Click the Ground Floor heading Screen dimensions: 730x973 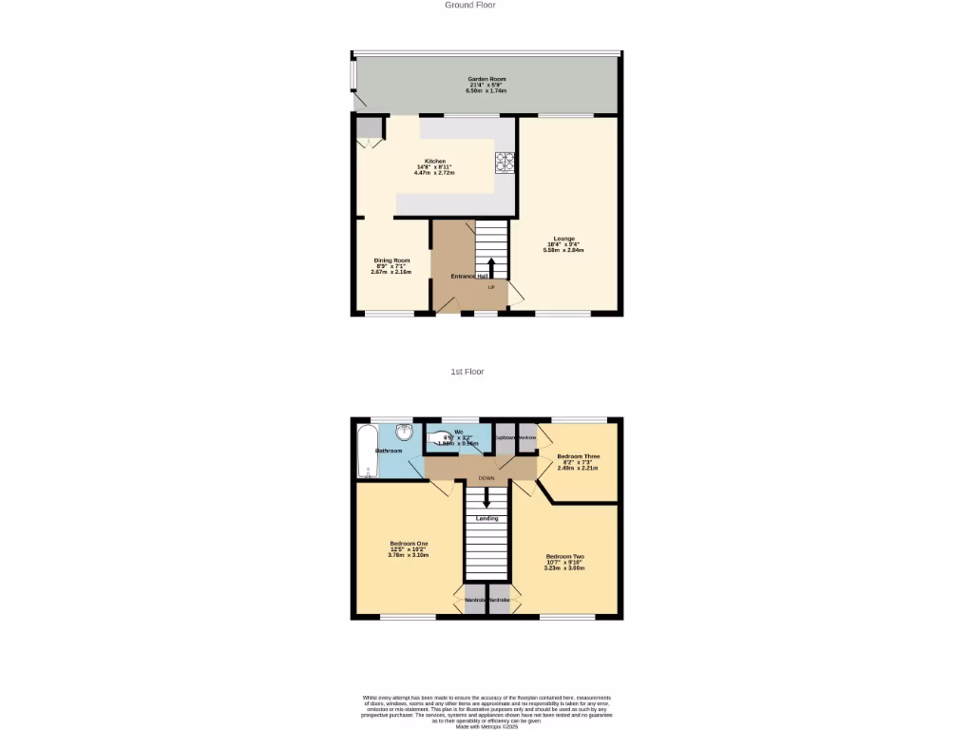pos(470,5)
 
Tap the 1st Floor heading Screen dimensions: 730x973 pos(467,372)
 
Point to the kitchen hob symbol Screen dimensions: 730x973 pos(504,163)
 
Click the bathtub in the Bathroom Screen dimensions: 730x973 pos(366,451)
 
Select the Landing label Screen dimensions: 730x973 pos(486,518)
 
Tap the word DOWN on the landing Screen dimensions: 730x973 pos(486,478)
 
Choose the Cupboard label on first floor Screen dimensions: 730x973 pos(505,437)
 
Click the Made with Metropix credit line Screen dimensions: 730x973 pos(486,726)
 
